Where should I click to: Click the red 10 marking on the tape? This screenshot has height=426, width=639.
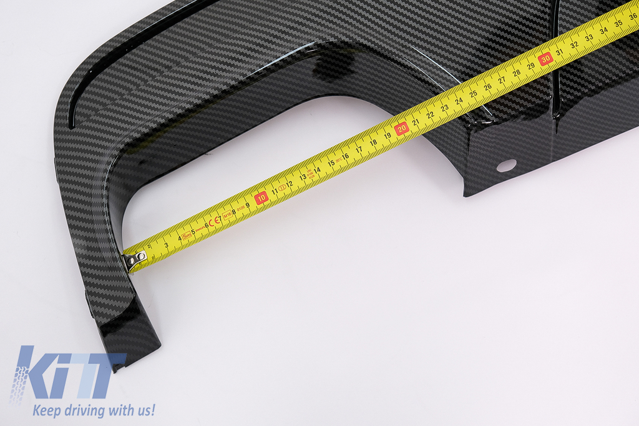tap(261, 198)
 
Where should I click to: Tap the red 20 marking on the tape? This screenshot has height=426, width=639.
tap(402, 129)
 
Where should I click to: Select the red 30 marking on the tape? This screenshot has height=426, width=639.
tap(546, 59)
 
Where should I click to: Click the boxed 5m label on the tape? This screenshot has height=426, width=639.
tap(187, 235)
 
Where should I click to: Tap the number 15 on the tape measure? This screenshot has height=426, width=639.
tap(331, 164)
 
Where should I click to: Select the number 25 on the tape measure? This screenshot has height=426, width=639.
tap(474, 94)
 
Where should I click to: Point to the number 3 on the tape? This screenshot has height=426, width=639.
tap(167, 245)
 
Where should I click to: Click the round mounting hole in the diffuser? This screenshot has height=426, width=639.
tap(506, 166)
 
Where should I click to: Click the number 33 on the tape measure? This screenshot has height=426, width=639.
tap(588, 37)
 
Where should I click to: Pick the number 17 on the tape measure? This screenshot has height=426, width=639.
tap(359, 150)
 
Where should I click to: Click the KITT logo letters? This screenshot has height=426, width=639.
tap(69, 373)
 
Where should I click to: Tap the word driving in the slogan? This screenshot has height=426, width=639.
tap(86, 410)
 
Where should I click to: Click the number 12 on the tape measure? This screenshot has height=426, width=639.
tap(289, 184)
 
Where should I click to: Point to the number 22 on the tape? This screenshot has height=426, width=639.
tap(431, 116)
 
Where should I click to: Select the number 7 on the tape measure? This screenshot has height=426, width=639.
tap(220, 218)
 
